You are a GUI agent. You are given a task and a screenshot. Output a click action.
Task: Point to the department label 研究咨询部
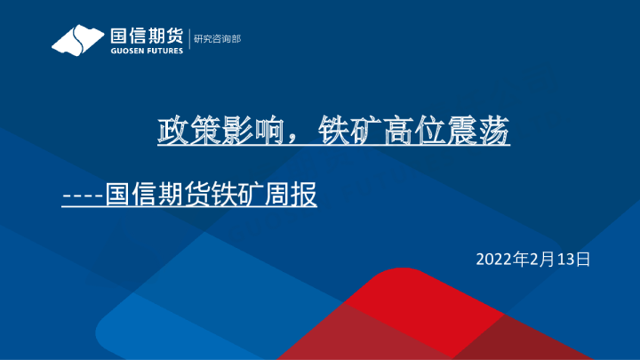217,39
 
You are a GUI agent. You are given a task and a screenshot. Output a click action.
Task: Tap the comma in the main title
286,138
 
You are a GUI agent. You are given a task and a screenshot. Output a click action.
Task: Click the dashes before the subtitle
83,195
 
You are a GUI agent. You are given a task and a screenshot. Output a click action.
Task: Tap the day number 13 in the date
566,259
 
